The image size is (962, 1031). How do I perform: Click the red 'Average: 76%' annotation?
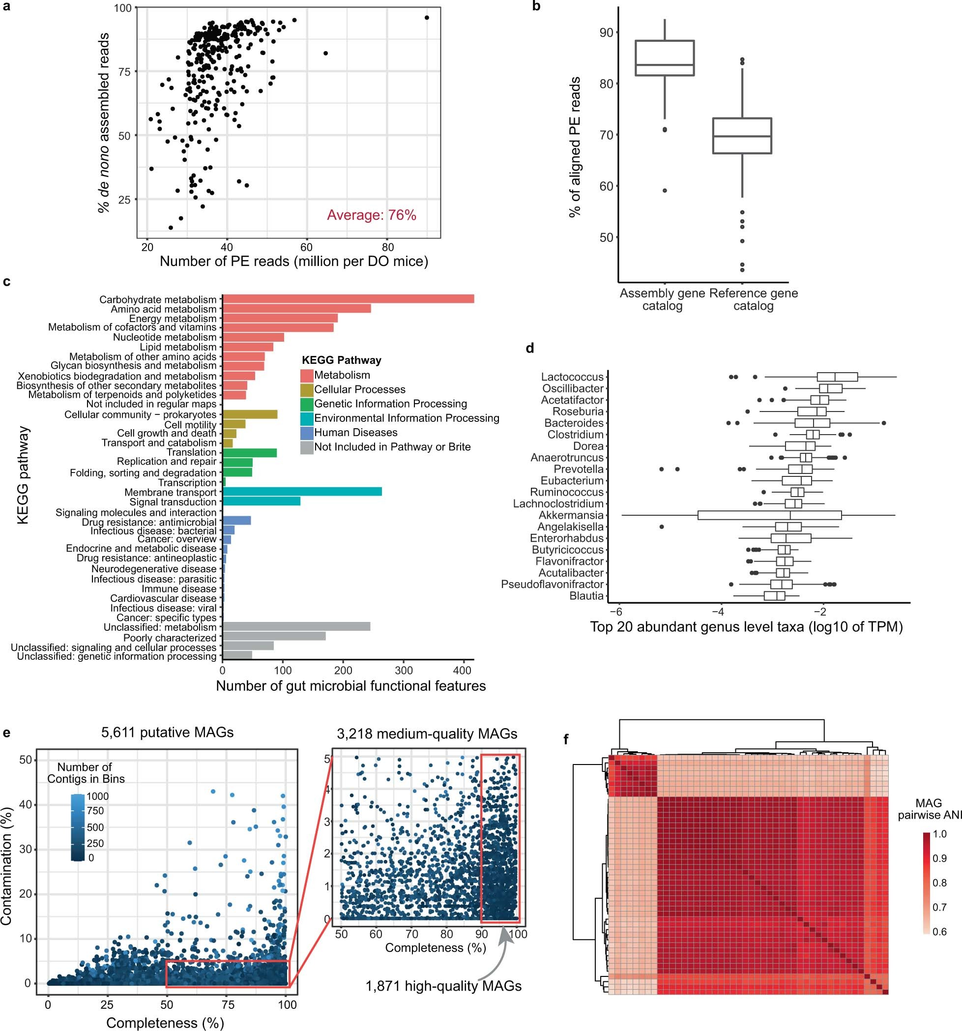click(x=371, y=215)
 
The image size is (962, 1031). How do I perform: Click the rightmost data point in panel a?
click(x=427, y=18)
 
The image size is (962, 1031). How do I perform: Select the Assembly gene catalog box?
click(x=665, y=58)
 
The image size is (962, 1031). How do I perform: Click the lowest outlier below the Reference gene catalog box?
click(x=742, y=270)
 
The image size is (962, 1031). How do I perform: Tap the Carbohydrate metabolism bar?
click(x=348, y=299)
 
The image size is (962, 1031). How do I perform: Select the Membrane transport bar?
click(x=302, y=492)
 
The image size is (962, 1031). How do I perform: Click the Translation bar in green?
click(x=249, y=453)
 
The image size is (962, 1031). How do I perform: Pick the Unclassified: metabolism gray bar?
click(x=296, y=626)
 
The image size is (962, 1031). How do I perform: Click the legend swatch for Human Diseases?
click(x=306, y=433)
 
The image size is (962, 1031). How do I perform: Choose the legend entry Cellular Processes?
click(x=359, y=389)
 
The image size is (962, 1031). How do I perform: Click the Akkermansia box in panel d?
click(x=770, y=515)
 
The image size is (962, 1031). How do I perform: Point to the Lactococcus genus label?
click(x=572, y=377)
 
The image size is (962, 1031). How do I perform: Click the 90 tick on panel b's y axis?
click(x=606, y=32)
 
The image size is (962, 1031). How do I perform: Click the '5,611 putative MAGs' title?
click(x=168, y=733)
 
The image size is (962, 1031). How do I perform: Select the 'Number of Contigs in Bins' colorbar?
click(x=78, y=826)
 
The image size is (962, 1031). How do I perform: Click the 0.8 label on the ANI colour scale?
click(x=940, y=883)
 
